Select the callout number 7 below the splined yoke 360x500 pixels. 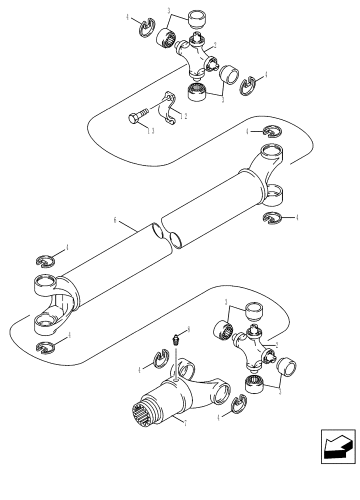tap(185, 423)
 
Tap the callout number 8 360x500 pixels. tap(188, 329)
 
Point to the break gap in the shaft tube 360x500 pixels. tap(167, 235)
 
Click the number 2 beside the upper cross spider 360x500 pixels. tap(214, 45)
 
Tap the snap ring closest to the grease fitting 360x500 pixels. tap(159, 360)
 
